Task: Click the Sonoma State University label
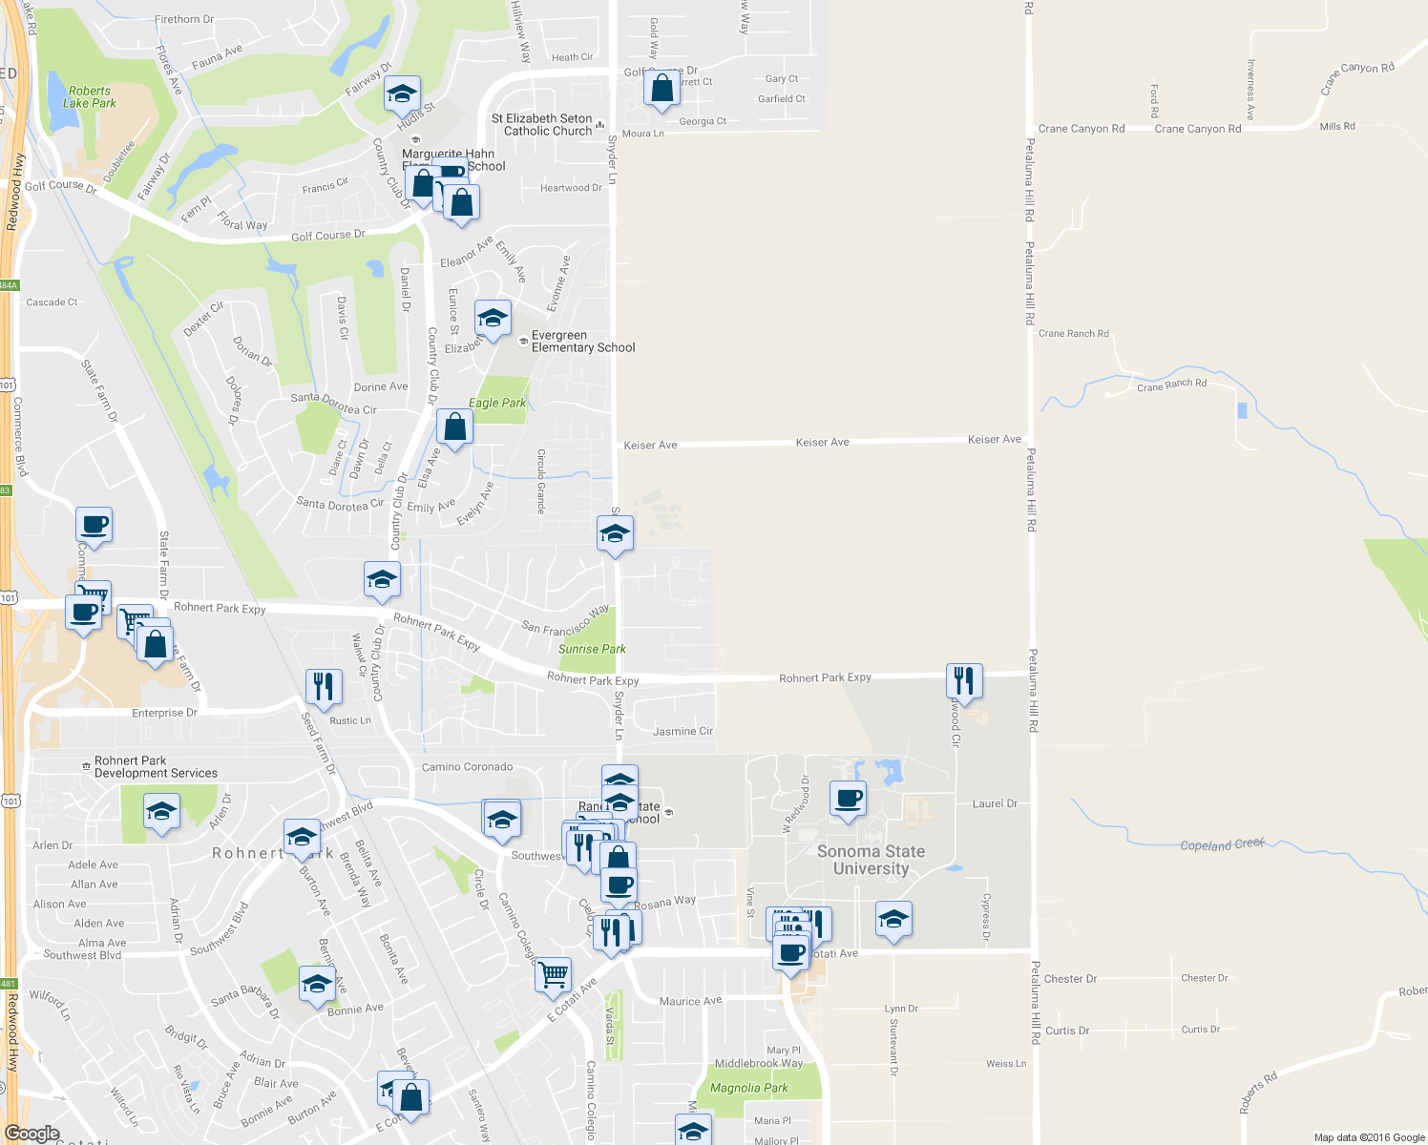tap(871, 860)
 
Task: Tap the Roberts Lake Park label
tap(90, 97)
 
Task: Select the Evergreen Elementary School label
tap(582, 342)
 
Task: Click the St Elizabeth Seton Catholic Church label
tap(542, 125)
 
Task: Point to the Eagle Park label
tap(497, 403)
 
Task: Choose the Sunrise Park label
tap(592, 649)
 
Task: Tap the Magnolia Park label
tap(749, 1088)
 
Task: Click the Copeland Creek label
tap(1223, 844)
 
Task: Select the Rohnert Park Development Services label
tap(156, 767)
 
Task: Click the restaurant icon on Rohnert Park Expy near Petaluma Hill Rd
tap(964, 680)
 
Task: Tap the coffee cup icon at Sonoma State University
tap(848, 798)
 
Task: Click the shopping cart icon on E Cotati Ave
tap(553, 975)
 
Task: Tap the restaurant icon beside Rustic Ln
tap(324, 686)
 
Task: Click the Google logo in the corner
tap(32, 1134)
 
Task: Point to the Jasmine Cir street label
tap(682, 732)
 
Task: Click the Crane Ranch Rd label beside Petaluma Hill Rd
tap(1073, 334)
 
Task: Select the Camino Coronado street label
tap(467, 767)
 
